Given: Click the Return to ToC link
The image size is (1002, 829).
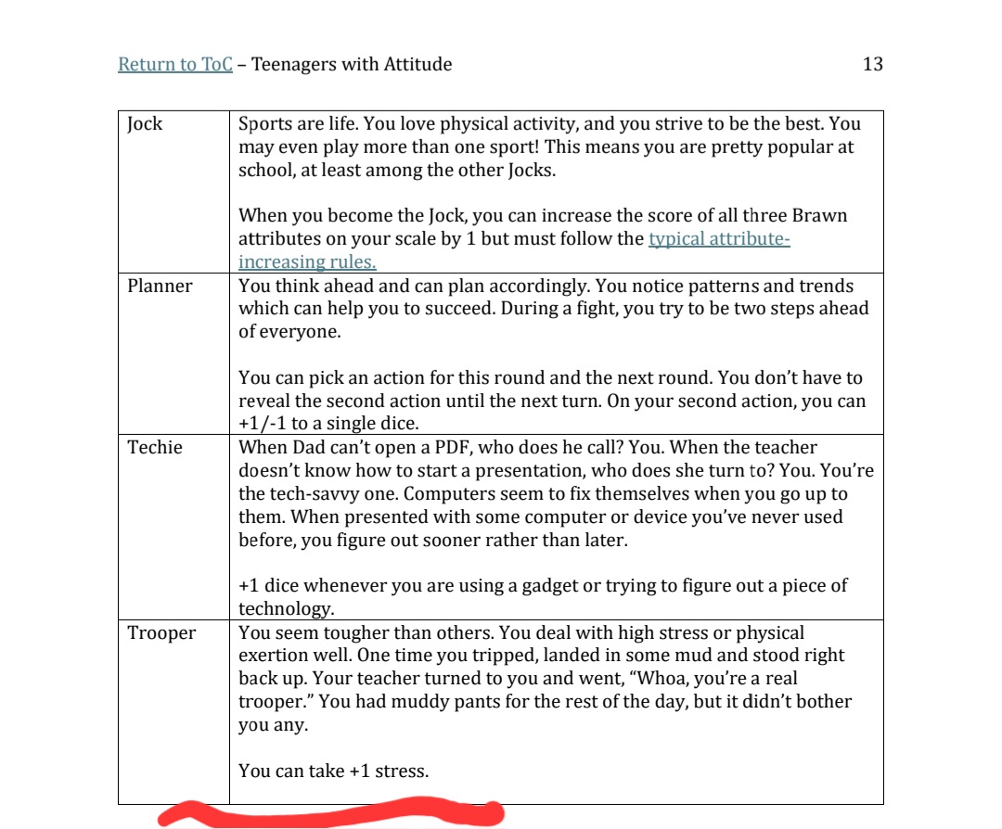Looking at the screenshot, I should (x=174, y=64).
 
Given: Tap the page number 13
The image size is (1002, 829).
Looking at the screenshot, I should (x=872, y=64).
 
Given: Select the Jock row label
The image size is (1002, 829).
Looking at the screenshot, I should (x=145, y=124).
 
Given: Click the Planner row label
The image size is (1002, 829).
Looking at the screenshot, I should (x=160, y=286).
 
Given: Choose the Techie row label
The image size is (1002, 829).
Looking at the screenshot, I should (x=155, y=448).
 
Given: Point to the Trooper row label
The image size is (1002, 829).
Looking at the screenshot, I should (x=161, y=633).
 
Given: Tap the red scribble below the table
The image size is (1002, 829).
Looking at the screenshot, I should (x=329, y=813).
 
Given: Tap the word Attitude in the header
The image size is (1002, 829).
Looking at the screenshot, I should (x=417, y=64).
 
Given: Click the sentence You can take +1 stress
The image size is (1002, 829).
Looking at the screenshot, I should (x=333, y=771).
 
